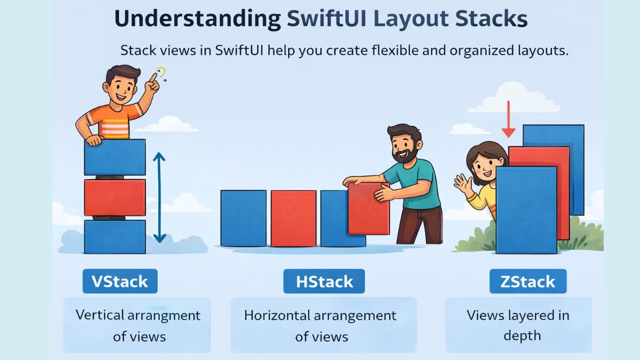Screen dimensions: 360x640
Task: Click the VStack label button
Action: tap(120, 281)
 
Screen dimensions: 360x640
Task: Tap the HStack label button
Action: tap(323, 281)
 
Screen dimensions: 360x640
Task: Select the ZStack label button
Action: tap(527, 281)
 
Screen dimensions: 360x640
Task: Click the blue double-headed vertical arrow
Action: tap(159, 197)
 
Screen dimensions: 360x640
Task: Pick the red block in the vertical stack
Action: tap(114, 197)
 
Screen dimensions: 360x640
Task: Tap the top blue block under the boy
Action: tap(114, 157)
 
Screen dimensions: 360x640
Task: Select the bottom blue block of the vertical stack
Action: tap(114, 236)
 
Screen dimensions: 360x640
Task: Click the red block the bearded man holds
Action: tap(368, 209)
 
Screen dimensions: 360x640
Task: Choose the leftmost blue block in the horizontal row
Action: tap(243, 218)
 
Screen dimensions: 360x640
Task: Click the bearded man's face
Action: tap(403, 145)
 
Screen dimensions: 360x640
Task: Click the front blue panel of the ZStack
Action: tap(526, 210)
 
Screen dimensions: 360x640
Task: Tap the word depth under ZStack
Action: tap(521, 335)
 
